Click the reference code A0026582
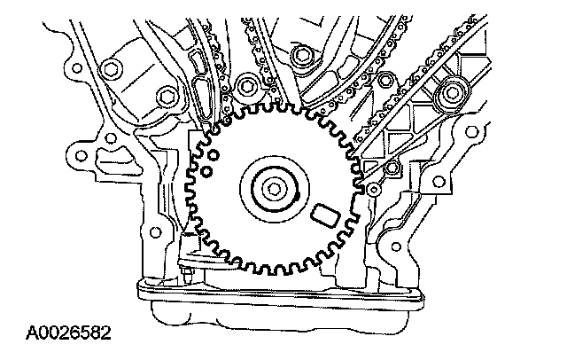coord(68,334)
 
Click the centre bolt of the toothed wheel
coord(273,187)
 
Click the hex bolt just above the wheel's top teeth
coord(246,86)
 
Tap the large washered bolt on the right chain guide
coord(455,90)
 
